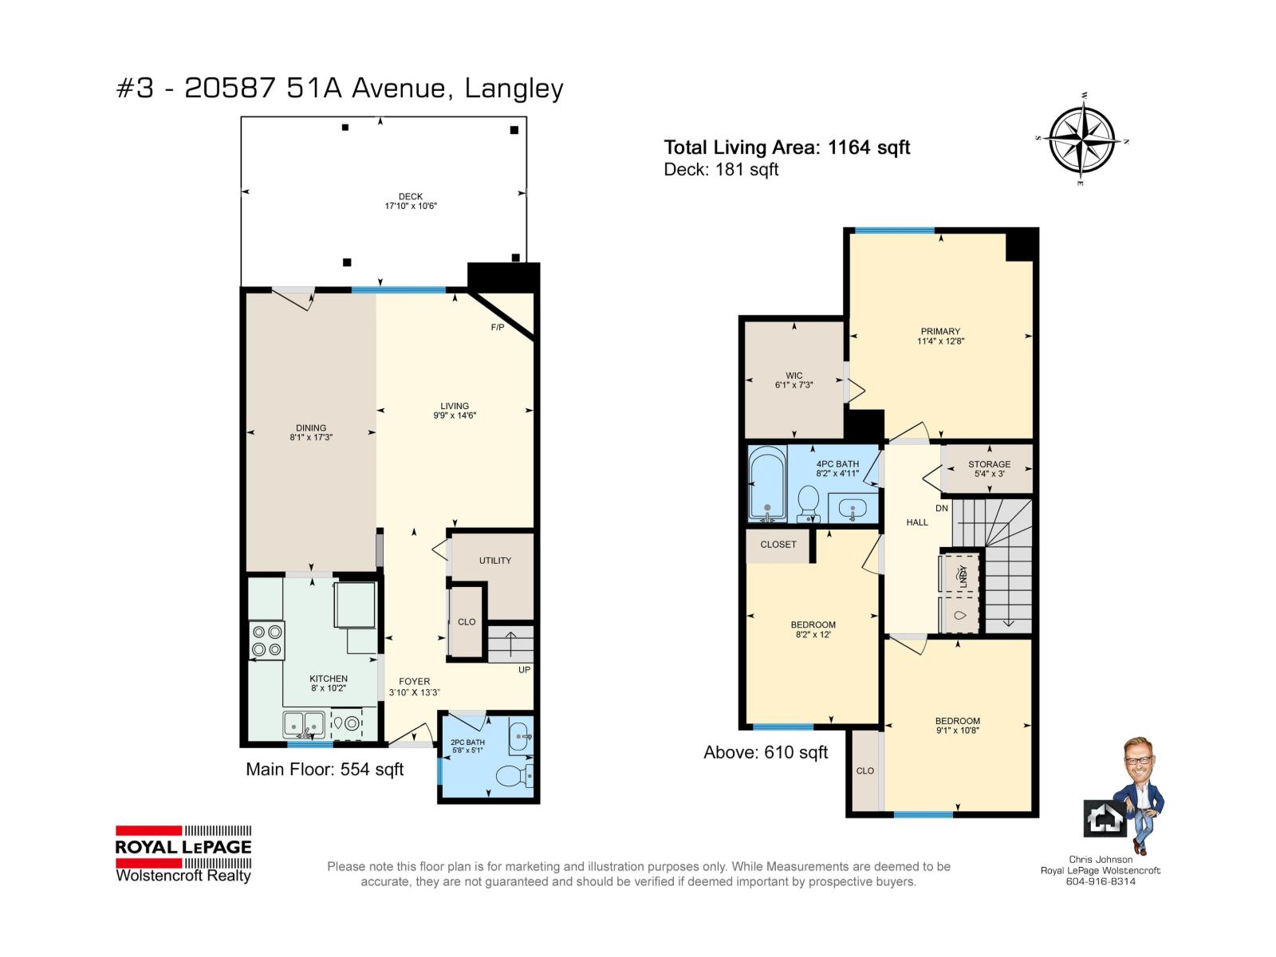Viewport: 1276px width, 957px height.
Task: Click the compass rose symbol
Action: coord(1082,140)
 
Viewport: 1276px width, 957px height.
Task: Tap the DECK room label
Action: coord(411,196)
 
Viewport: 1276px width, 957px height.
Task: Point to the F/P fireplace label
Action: coord(498,328)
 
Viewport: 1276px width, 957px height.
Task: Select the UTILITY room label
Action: coord(494,561)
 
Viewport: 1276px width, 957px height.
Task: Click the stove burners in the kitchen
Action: coord(267,640)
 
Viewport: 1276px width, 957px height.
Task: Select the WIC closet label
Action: coord(794,376)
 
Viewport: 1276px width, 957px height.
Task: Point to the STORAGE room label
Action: coord(990,464)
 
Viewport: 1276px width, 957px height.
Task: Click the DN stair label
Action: coord(942,509)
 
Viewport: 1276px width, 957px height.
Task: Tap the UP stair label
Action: coord(524,670)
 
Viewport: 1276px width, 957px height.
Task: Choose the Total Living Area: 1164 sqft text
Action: coord(786,148)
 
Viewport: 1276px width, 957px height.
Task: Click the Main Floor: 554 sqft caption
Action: coord(325,770)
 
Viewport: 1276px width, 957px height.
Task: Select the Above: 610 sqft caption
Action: coord(766,753)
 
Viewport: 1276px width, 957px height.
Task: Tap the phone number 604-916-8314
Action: coord(1101,881)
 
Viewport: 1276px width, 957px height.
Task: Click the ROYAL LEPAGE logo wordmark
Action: coord(183,847)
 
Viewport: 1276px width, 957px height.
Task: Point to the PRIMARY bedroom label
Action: coord(940,331)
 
